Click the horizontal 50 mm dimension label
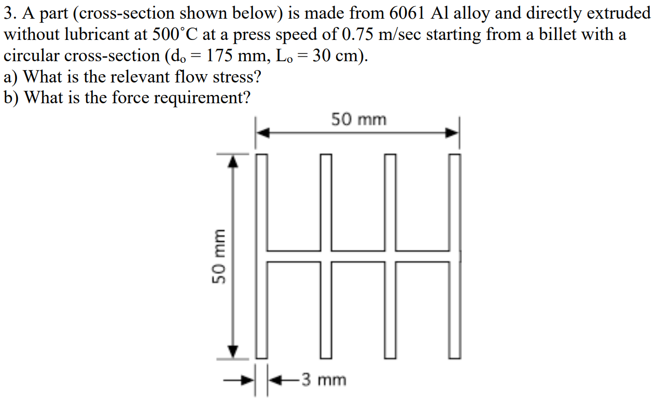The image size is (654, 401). (359, 120)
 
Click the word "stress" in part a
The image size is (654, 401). (234, 77)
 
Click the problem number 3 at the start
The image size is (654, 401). (8, 13)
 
